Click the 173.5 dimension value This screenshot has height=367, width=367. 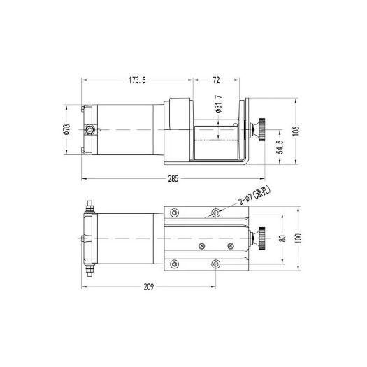pyautogui.click(x=137, y=80)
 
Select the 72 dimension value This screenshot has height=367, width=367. pyautogui.click(x=216, y=80)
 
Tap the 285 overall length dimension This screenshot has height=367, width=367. pyautogui.click(x=173, y=179)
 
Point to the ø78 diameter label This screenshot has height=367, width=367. pyautogui.click(x=67, y=129)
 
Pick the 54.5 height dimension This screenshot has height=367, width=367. pyautogui.click(x=280, y=147)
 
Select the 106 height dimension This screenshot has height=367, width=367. pyautogui.click(x=296, y=131)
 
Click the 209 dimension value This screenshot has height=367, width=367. pyautogui.click(x=149, y=287)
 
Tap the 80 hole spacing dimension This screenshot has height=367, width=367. pyautogui.click(x=283, y=238)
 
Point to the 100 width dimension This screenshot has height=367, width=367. pyautogui.click(x=298, y=238)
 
